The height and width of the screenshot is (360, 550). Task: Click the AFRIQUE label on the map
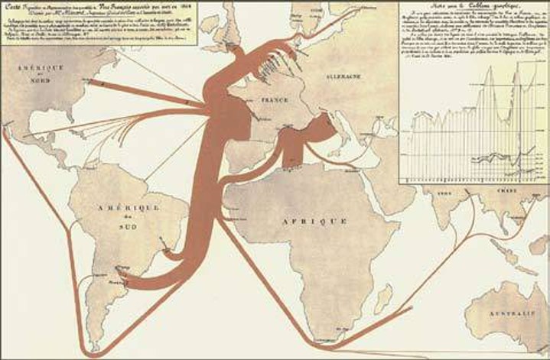click(x=318, y=221)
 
